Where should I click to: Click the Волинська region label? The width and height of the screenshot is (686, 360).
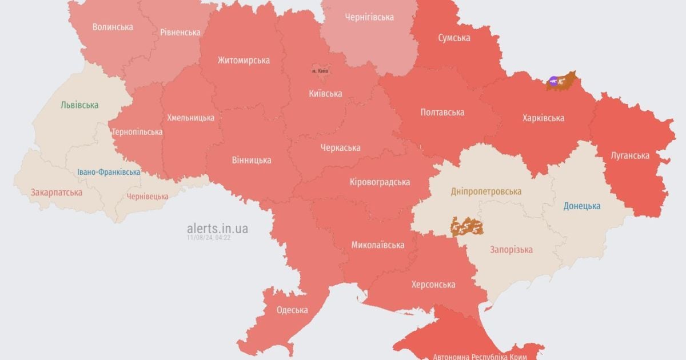(x=113, y=27)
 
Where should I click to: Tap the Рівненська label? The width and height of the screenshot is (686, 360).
(x=180, y=32)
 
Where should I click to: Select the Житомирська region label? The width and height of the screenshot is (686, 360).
(x=243, y=60)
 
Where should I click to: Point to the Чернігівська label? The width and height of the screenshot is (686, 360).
(x=369, y=17)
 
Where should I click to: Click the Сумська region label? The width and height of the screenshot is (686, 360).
(x=454, y=38)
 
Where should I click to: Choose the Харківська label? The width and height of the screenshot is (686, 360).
(x=543, y=118)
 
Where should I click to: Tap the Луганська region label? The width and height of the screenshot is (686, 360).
(x=629, y=155)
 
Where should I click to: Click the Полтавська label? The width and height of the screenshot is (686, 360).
(x=442, y=113)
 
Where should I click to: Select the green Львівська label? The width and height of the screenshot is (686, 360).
(x=79, y=105)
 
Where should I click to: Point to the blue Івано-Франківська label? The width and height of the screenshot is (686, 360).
(x=109, y=172)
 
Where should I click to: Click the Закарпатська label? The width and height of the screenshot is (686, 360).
(x=57, y=193)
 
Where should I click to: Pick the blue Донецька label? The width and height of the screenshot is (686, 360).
(x=581, y=206)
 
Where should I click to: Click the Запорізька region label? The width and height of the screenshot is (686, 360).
(x=511, y=250)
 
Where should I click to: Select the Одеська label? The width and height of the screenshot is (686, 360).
(x=292, y=310)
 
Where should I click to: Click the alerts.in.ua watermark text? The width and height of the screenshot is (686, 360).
(x=217, y=229)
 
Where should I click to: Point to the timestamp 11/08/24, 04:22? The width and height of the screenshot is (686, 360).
(x=209, y=237)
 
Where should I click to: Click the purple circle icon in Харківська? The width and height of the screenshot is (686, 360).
(x=553, y=81)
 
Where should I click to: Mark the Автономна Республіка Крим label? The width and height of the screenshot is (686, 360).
(x=479, y=356)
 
